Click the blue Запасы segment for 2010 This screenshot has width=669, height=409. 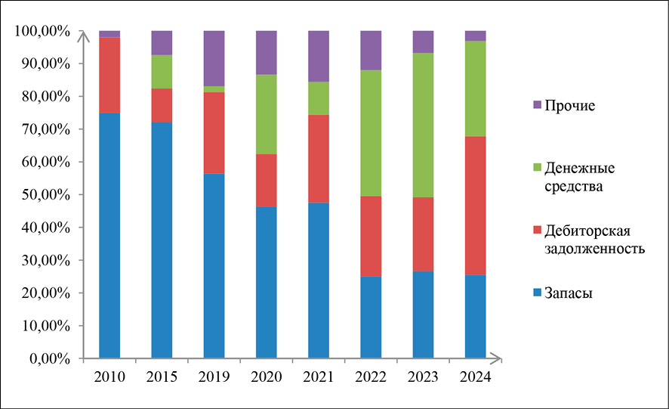pyautogui.click(x=109, y=235)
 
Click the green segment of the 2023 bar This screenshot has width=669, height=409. pyautogui.click(x=423, y=125)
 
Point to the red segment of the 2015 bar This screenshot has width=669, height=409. pyautogui.click(x=162, y=105)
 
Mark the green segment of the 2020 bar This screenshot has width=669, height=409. pyautogui.click(x=267, y=114)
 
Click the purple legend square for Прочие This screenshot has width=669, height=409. pyautogui.click(x=538, y=105)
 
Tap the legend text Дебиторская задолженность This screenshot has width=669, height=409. pyautogui.click(x=596, y=239)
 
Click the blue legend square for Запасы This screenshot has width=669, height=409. pyautogui.click(x=538, y=293)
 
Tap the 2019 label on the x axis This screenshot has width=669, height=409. pyautogui.click(x=214, y=376)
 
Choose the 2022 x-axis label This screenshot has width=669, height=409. pyautogui.click(x=371, y=376)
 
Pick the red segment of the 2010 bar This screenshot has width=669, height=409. pyautogui.click(x=109, y=75)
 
